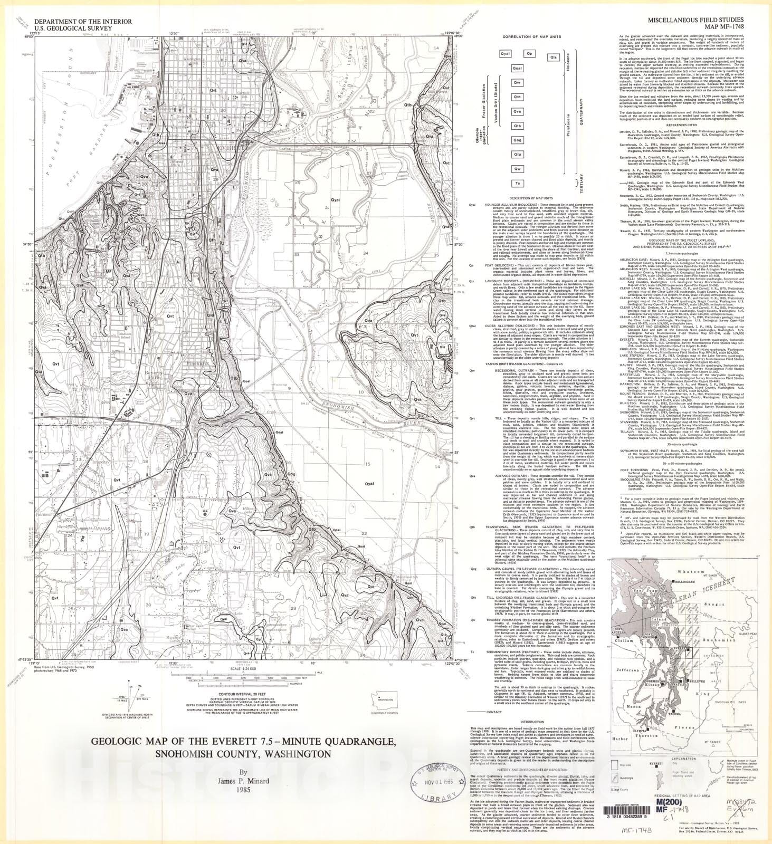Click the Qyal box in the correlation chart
click(505, 54)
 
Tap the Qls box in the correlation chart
click(553, 56)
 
